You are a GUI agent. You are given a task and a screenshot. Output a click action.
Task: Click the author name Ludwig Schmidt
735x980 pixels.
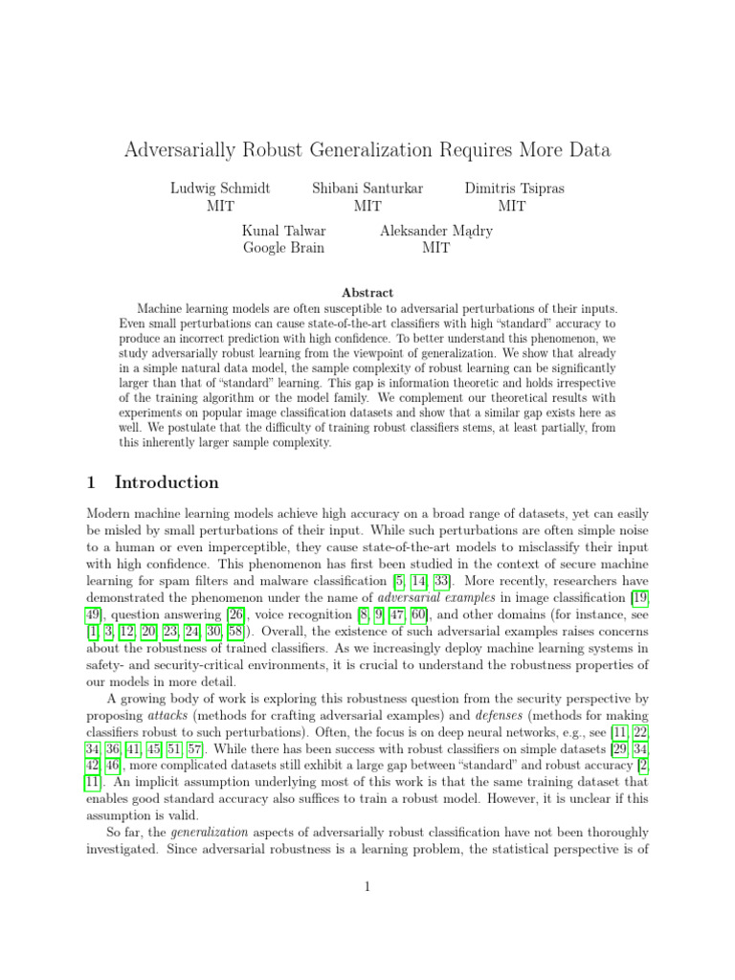pyautogui.click(x=220, y=189)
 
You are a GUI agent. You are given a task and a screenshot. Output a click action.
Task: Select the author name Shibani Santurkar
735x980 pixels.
pyautogui.click(x=367, y=189)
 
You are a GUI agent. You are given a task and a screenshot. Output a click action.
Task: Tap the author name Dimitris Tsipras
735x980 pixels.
pyautogui.click(x=515, y=189)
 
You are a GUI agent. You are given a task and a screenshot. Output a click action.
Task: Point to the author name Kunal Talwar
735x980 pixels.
pyautogui.click(x=283, y=231)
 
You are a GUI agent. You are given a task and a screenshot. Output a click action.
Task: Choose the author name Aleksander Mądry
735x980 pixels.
pyautogui.click(x=436, y=231)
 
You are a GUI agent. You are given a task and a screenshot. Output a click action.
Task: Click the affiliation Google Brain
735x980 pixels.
pyautogui.click(x=283, y=248)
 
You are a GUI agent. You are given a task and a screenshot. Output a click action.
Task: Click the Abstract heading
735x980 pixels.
pyautogui.click(x=367, y=292)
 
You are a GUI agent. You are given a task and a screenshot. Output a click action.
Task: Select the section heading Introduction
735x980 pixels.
pyautogui.click(x=167, y=482)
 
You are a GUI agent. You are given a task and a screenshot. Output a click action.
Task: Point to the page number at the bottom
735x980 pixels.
pyautogui.click(x=367, y=887)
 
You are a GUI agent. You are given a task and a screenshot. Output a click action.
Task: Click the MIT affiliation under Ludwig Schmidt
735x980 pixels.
pyautogui.click(x=220, y=206)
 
